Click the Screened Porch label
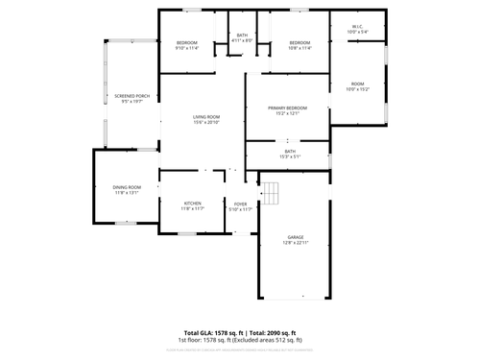132,96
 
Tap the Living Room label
206,117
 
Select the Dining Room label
127,186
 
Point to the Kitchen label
193,203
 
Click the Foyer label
241,204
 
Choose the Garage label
296,236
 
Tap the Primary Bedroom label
288,108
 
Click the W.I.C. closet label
357,27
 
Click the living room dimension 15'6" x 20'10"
206,123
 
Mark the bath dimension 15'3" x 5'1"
290,156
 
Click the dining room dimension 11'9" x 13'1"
127,192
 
